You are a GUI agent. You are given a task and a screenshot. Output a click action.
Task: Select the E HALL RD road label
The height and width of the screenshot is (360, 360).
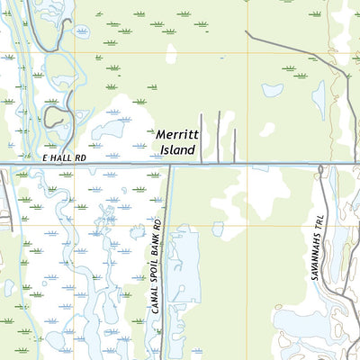pos(64,157)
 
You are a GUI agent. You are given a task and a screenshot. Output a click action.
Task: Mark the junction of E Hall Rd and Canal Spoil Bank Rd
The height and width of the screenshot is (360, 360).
pos(169,165)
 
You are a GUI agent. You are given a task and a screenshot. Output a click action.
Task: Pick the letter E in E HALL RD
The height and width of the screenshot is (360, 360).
pos(45,157)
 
